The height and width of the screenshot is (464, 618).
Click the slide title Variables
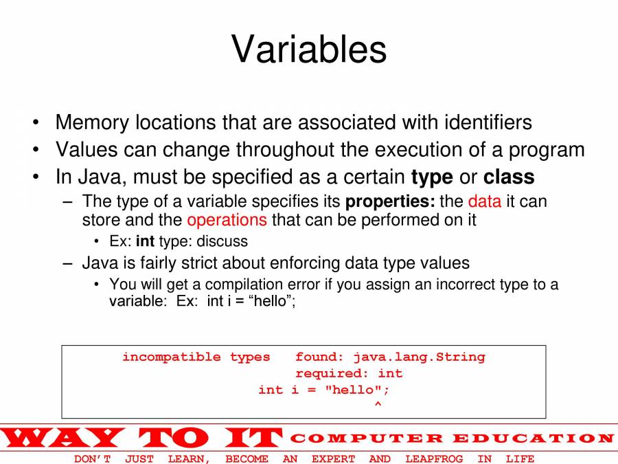(x=308, y=49)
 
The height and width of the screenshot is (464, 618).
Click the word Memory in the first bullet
(x=92, y=123)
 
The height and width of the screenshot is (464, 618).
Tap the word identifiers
(x=488, y=122)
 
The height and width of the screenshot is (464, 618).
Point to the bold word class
(x=509, y=177)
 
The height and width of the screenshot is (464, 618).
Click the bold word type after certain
(x=432, y=178)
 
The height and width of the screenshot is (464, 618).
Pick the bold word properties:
(x=390, y=202)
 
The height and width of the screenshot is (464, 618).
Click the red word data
(x=484, y=201)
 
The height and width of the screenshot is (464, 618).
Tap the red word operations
(x=227, y=220)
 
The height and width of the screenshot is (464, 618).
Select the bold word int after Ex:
(x=145, y=241)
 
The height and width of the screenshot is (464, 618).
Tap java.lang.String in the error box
(x=420, y=357)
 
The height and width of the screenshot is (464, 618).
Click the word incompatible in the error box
(x=171, y=357)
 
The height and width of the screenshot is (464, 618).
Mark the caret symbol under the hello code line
(x=378, y=404)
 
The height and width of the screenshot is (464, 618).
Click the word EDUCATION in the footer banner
(x=533, y=439)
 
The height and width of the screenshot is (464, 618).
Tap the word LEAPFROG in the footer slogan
(x=434, y=459)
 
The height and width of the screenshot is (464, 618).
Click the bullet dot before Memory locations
(x=36, y=122)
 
